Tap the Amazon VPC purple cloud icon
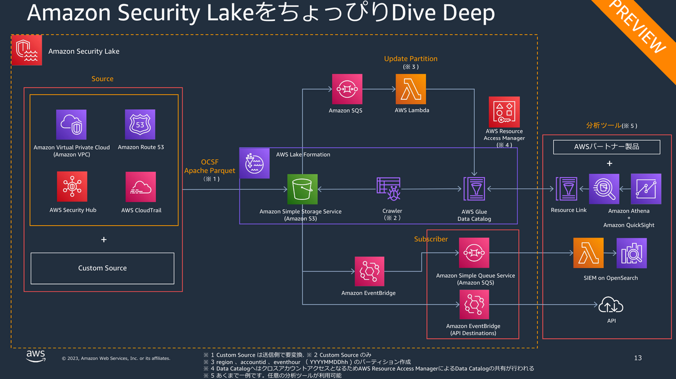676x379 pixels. pos(72,124)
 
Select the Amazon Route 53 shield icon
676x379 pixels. pos(140,124)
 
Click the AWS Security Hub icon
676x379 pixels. pos(72,187)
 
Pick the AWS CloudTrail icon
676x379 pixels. pos(140,187)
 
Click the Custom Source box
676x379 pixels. pos(102,268)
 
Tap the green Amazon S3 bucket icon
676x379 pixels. pos(303,189)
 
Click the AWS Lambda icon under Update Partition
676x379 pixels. pos(411,88)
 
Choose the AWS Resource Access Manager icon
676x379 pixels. pos(504,112)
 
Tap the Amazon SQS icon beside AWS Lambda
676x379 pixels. pos(345,88)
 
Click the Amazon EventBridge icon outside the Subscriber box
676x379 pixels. pos(370,271)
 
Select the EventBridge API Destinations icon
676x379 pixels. pos(474,305)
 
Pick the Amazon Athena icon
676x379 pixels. pos(604,189)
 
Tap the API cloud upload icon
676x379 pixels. pos(611,305)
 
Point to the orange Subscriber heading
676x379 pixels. pos(431,239)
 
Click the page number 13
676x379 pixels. pos(638,358)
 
